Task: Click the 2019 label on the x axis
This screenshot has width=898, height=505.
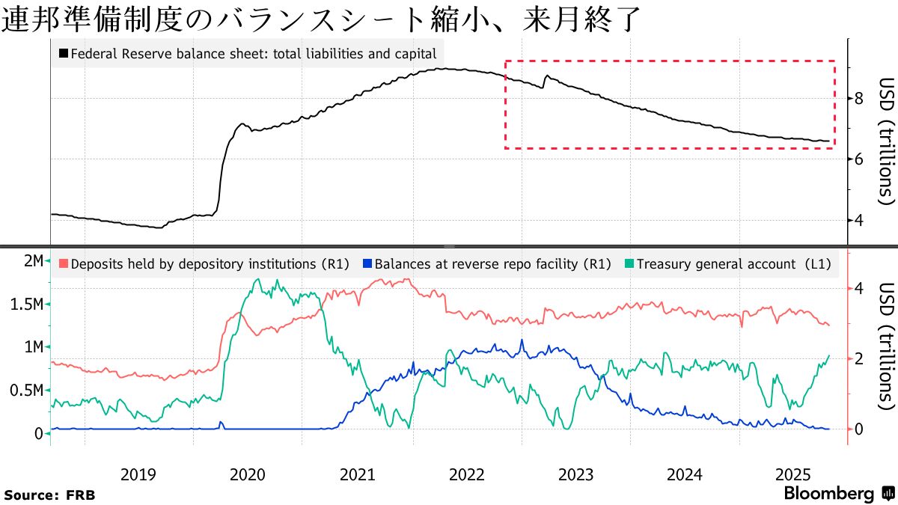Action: [x=138, y=474]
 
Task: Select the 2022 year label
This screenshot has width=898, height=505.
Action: [x=467, y=474]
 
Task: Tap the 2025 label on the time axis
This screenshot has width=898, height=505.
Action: [x=793, y=474]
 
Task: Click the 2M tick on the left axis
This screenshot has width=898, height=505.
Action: [x=33, y=261]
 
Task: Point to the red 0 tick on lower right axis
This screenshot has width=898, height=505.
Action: [x=859, y=429]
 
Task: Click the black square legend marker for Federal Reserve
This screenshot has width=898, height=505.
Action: [x=64, y=54]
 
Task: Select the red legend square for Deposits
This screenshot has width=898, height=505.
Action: [x=64, y=263]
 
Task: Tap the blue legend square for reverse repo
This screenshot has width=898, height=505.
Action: [x=367, y=263]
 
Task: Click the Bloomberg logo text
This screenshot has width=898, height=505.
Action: [x=828, y=494]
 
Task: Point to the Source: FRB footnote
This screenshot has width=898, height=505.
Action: [x=49, y=495]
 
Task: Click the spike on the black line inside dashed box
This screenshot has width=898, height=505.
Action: [x=547, y=76]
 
